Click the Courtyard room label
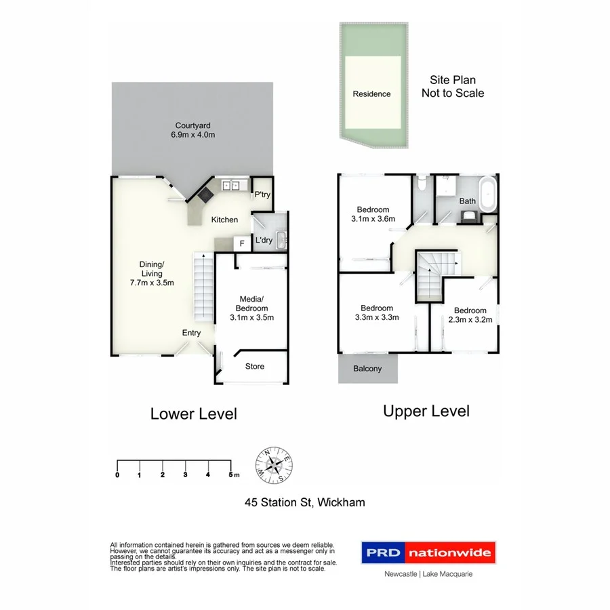pos(193,125)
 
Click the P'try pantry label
pos(262,195)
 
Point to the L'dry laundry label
pos(263,241)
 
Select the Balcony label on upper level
pos(367,369)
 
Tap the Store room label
pos(254,367)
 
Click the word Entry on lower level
pos(191,333)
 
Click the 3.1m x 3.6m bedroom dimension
pos(373,219)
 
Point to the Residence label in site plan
pos(371,94)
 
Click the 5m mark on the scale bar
pos(232,474)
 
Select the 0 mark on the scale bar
pos(117,474)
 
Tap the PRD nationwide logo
pos(427,552)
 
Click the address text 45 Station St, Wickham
pos(304,502)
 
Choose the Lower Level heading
pos(193,413)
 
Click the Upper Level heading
pos(426,411)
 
